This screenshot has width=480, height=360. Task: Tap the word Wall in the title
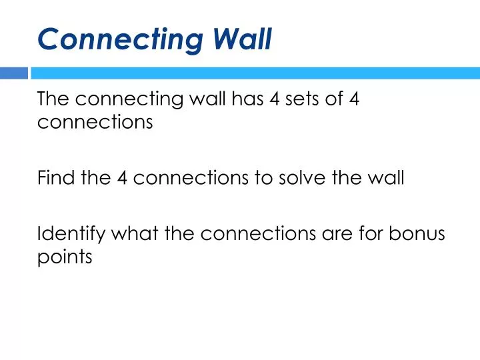pos(243,39)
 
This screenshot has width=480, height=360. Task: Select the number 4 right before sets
pos(275,99)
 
